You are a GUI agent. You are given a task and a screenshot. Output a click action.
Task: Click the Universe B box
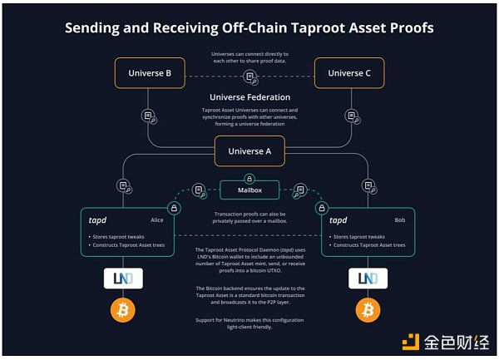click(x=150, y=73)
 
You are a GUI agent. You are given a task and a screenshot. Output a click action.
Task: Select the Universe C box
click(x=348, y=73)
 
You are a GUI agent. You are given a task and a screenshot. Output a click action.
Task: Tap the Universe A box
click(x=249, y=152)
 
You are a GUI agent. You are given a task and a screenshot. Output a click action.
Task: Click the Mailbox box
click(x=249, y=190)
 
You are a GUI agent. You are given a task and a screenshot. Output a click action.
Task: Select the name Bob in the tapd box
click(x=400, y=221)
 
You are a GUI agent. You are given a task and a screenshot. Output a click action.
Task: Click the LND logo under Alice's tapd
click(x=126, y=278)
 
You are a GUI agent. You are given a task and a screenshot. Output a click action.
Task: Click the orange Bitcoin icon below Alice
click(x=126, y=312)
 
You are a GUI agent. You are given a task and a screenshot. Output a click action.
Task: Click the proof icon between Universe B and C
click(x=249, y=76)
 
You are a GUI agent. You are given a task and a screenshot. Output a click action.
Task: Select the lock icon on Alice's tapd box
click(x=175, y=207)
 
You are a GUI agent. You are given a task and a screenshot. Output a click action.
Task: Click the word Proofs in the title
click(x=405, y=28)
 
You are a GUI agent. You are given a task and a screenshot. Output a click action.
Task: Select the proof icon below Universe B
click(x=149, y=116)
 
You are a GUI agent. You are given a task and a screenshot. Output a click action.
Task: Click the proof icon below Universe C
click(x=348, y=116)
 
